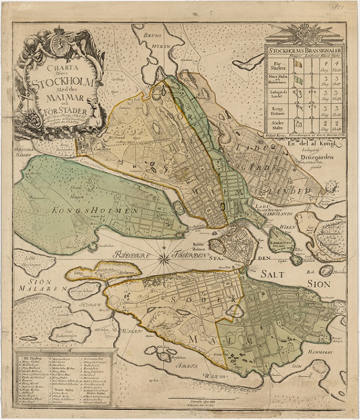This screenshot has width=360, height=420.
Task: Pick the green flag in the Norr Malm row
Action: point(299,81)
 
